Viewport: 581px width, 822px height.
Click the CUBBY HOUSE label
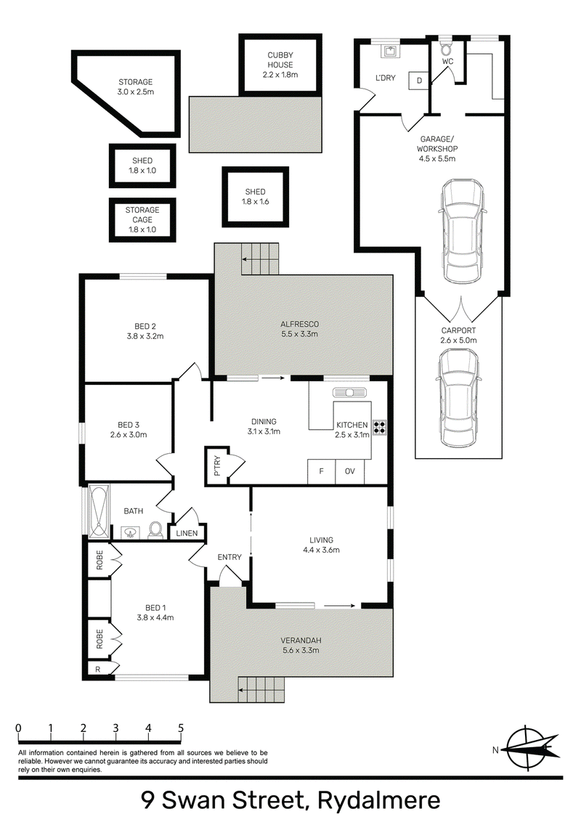(280, 60)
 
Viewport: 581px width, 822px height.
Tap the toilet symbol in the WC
(446, 50)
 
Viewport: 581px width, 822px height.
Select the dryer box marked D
(419, 81)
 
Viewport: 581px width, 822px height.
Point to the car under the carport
(459, 399)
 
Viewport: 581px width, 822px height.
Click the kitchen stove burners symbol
(380, 428)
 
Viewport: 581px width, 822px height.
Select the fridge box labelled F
(322, 471)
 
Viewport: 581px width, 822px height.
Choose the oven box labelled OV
(350, 471)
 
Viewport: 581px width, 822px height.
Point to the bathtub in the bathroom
(99, 512)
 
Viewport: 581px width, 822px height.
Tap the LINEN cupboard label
(187, 533)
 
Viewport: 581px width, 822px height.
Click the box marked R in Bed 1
(97, 670)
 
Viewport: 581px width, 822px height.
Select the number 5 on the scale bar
(181, 728)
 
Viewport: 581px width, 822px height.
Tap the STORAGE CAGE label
(142, 219)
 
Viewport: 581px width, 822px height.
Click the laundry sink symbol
(389, 51)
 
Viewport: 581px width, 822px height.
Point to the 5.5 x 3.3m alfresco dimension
(299, 334)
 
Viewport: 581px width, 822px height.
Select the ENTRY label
(229, 557)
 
